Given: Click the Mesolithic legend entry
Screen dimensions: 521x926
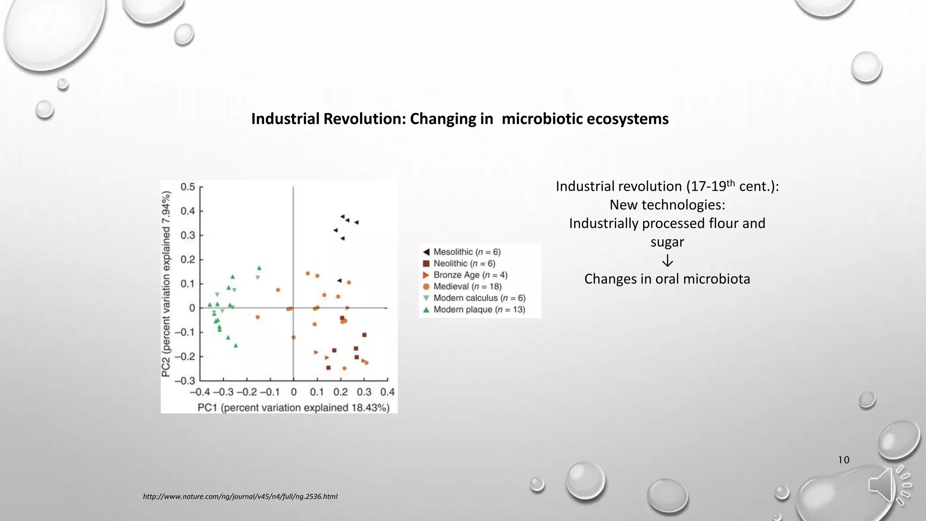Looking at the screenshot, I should (x=466, y=252).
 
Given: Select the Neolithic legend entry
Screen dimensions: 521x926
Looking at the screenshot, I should (x=463, y=263).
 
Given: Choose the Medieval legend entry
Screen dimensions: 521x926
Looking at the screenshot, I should (x=467, y=286).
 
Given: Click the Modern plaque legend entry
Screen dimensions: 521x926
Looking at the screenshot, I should (x=478, y=309).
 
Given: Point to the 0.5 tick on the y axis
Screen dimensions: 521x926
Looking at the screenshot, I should (x=188, y=187).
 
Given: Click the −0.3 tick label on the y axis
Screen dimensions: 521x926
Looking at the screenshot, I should (x=185, y=380).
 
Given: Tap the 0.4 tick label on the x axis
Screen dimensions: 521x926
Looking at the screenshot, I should (x=387, y=392).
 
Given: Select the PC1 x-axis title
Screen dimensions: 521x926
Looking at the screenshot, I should (x=293, y=407).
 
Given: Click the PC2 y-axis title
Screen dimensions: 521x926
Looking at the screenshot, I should (x=166, y=284).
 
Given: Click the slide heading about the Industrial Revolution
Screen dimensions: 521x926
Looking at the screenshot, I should (x=459, y=119).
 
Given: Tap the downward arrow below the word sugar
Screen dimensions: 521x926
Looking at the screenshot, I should (x=667, y=261).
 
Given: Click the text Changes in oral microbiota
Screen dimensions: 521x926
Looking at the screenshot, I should (x=667, y=279).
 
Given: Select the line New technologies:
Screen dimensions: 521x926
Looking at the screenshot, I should (x=667, y=205).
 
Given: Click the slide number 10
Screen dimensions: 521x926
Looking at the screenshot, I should (x=843, y=460).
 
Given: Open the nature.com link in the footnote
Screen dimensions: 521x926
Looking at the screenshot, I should (x=240, y=497).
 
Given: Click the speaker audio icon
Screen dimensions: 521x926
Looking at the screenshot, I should (x=889, y=485).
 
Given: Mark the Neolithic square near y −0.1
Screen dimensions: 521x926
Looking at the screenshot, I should (x=364, y=335).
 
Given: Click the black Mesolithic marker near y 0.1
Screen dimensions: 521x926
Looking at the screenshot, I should (x=340, y=280).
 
